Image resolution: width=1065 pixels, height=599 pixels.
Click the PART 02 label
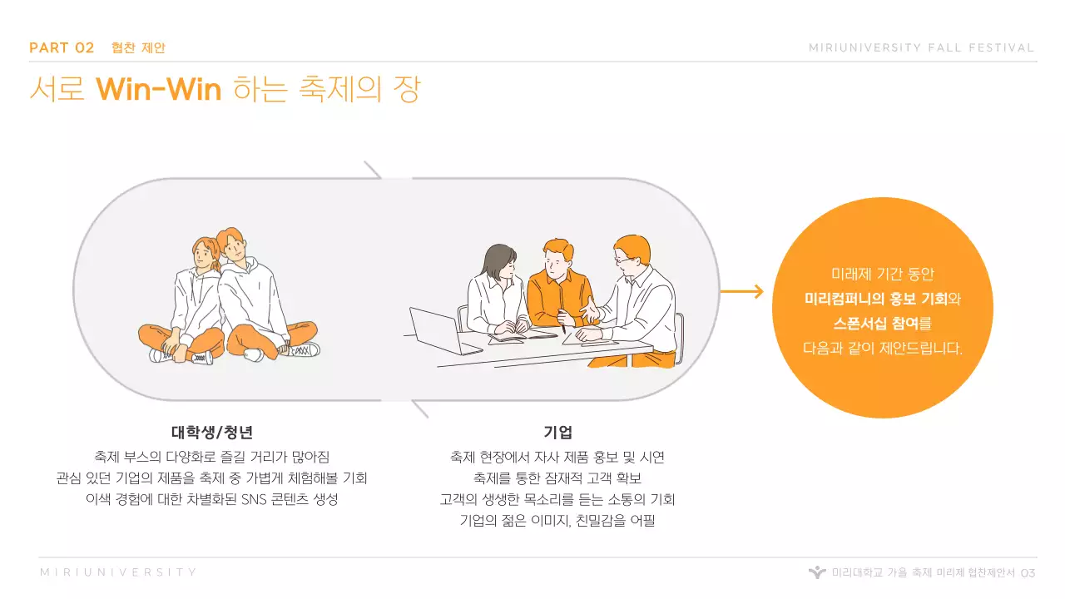[x=62, y=47]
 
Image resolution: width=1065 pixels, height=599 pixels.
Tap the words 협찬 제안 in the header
[x=138, y=48]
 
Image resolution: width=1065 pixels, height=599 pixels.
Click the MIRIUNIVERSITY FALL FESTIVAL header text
[x=921, y=48]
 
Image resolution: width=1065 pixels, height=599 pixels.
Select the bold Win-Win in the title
[x=158, y=88]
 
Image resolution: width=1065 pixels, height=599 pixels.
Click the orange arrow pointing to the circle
[x=741, y=291]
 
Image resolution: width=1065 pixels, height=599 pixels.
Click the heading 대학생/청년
[x=212, y=433]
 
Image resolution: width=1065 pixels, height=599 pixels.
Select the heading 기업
[x=557, y=433]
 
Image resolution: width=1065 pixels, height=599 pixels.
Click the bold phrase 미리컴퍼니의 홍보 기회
[x=875, y=299]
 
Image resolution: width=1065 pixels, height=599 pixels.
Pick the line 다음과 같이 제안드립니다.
[x=882, y=349]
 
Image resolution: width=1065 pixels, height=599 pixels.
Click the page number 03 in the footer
[x=1028, y=573]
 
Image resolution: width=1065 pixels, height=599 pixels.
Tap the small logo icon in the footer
[x=817, y=572]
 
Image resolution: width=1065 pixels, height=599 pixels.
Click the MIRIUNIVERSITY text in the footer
[x=119, y=572]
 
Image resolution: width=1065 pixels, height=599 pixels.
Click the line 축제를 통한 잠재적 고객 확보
[x=557, y=478]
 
